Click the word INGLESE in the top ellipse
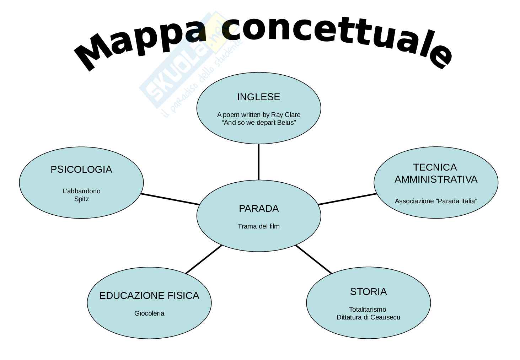point(258,97)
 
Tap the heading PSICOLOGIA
point(81,170)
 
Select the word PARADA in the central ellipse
point(258,209)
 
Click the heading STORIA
point(368,292)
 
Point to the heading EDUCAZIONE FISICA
point(149,296)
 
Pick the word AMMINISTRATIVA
point(436,179)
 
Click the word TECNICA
point(435,167)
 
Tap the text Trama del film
point(258,226)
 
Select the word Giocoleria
point(149,313)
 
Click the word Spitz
point(81,199)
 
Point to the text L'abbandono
point(81,191)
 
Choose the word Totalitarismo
point(368,310)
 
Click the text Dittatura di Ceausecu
point(368,317)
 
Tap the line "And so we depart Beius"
point(259,123)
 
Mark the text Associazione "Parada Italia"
point(436,201)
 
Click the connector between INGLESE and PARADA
point(258,162)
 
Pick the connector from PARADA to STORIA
point(313,259)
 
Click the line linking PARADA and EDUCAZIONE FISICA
point(204,259)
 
